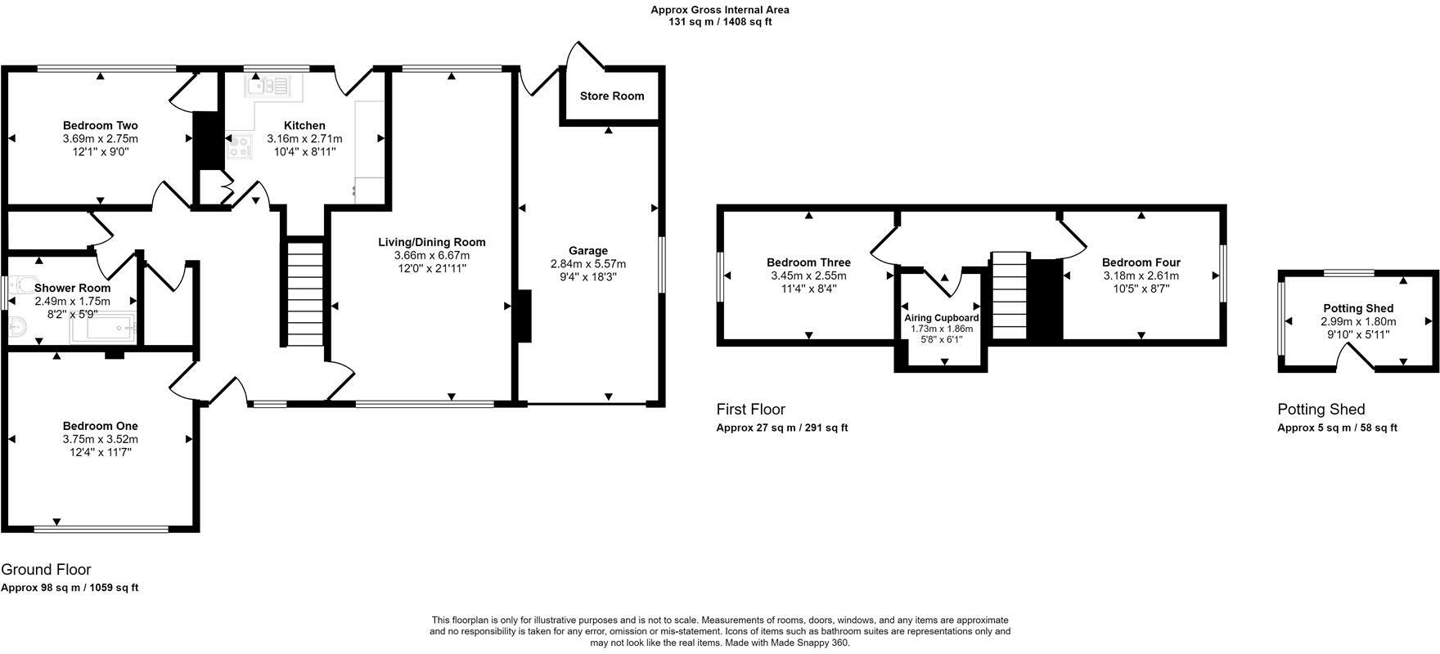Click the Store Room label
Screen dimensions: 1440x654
[612, 96]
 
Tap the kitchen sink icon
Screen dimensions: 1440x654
[269, 84]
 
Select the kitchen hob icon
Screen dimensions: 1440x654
[241, 147]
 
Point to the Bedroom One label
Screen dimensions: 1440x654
[101, 426]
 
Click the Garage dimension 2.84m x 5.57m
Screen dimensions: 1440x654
[588, 264]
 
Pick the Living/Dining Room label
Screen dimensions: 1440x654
[432, 242]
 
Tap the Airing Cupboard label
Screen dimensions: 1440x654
[942, 318]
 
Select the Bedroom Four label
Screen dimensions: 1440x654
[1141, 262]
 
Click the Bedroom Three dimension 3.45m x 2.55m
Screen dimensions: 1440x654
[808, 275]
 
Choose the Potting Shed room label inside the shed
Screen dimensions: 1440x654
[1358, 308]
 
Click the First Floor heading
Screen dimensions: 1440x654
[750, 410]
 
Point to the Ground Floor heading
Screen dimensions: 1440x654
[46, 570]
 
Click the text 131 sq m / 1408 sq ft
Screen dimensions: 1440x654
[720, 22]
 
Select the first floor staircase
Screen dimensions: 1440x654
[1010, 295]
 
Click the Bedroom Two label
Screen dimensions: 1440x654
[101, 125]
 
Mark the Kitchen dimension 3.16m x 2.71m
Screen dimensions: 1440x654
[304, 139]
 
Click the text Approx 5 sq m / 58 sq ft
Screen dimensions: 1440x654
[1338, 428]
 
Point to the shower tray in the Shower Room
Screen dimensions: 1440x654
[103, 329]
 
